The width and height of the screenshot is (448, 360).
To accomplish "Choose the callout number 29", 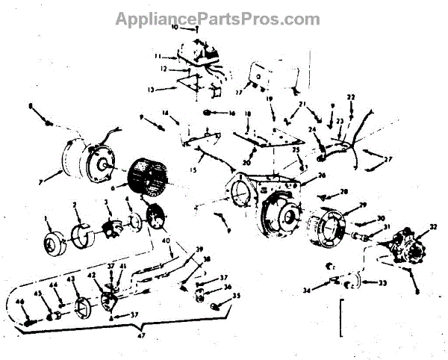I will point(362,205).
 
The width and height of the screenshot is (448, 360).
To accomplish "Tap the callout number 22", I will point(350,97).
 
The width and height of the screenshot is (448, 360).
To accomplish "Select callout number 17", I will point(239,93).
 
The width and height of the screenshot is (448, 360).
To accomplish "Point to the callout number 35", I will point(238,296).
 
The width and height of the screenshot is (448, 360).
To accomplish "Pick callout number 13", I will point(151,88).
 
